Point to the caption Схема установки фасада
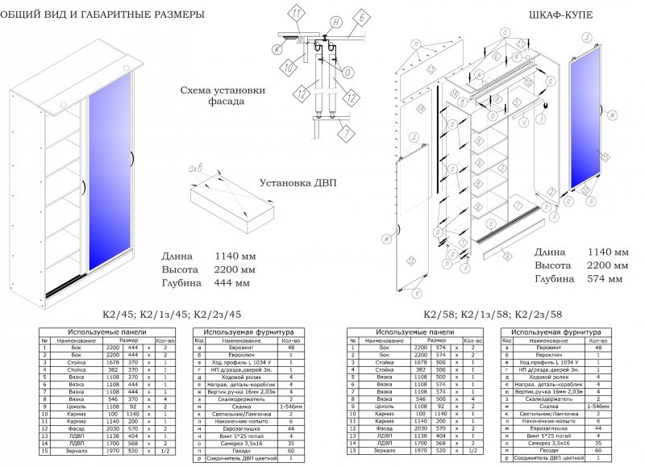[223, 97]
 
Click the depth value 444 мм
[232, 283]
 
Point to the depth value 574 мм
[605, 279]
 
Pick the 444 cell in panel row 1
[134, 348]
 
